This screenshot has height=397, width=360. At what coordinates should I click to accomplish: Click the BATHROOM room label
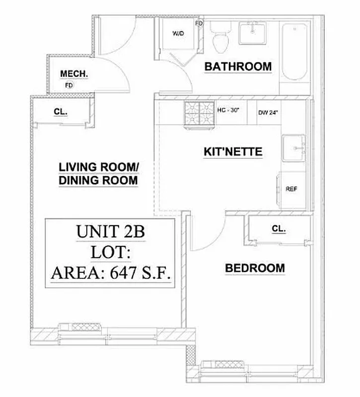tap(238, 66)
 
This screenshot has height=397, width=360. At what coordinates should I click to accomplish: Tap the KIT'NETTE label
tap(233, 152)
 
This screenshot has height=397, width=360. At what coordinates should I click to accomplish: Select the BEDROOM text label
tap(255, 268)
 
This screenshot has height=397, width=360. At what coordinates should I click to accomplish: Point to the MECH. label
tap(74, 74)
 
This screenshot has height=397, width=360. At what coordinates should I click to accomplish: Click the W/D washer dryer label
tap(177, 34)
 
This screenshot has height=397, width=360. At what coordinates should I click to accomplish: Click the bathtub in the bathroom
tap(295, 52)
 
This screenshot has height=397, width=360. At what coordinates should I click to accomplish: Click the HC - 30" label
tap(228, 110)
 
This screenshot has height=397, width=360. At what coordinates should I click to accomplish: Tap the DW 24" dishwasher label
tap(268, 112)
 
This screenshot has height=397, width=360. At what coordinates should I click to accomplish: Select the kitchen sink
tap(295, 148)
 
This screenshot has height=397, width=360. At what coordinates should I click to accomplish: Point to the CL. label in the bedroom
tap(279, 229)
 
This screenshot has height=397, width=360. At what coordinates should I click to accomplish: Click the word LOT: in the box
tap(110, 252)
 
